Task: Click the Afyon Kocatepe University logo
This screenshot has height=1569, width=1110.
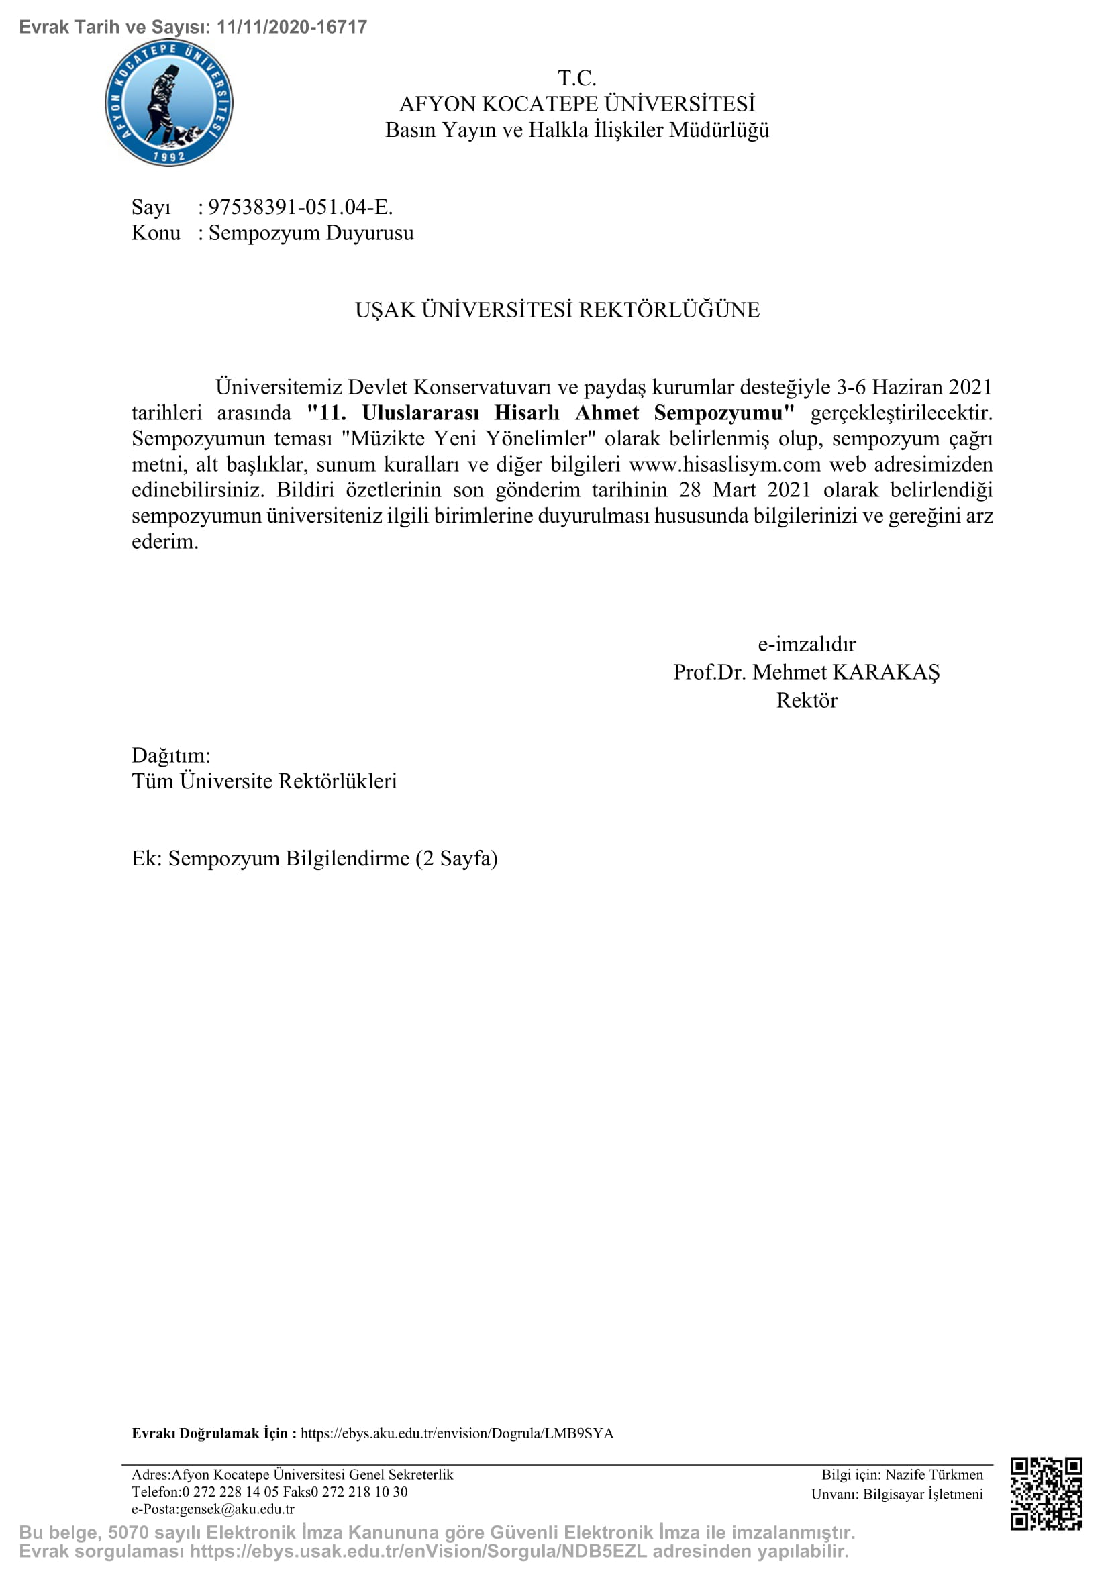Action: coord(169,103)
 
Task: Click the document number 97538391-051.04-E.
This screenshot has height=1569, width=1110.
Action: coord(300,207)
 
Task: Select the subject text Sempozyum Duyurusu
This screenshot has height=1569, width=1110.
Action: coord(311,232)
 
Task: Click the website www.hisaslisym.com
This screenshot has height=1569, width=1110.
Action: coord(725,464)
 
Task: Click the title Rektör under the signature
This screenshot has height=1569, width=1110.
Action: coord(807,700)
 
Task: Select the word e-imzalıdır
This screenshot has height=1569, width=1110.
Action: coord(807,644)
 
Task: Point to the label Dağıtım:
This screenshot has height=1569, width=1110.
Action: coord(171,755)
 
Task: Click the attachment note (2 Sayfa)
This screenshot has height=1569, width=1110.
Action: coord(456,859)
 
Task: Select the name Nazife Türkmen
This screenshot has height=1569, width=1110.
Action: coord(934,1474)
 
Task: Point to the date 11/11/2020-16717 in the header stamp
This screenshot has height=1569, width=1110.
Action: coord(292,27)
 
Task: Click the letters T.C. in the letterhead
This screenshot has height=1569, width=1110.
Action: coord(577,78)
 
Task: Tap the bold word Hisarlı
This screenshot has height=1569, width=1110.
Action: coord(526,413)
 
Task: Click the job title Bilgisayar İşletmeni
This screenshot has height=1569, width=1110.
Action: coord(923,1494)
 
